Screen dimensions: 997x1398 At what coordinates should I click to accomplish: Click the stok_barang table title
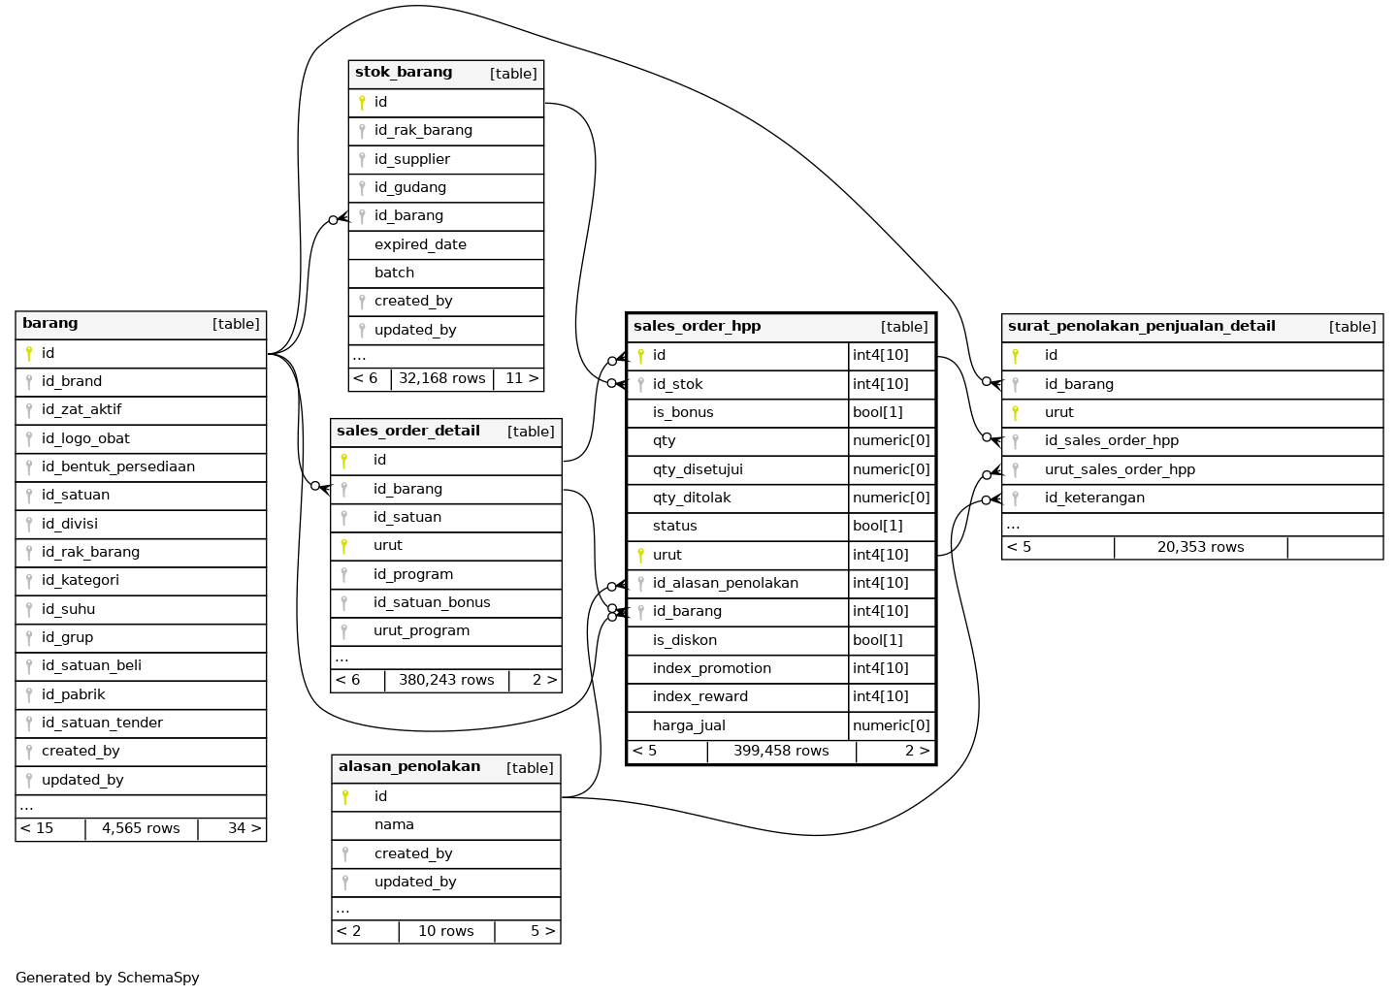tap(404, 73)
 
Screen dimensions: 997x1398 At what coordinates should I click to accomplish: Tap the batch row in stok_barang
tap(394, 273)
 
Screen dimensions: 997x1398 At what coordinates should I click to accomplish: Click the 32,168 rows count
tap(441, 378)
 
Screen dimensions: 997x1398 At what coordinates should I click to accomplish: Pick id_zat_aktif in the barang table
tap(81, 409)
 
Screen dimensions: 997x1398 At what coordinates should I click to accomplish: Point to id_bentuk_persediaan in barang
tap(117, 466)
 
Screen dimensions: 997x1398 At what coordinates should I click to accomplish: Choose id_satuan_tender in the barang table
tap(102, 723)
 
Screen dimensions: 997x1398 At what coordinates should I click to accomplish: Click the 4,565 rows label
tap(141, 828)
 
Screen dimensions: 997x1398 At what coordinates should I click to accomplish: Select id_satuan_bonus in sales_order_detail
tap(432, 602)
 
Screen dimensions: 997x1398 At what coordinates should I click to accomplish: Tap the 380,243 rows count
tap(446, 680)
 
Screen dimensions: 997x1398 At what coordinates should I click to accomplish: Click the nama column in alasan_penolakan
tap(394, 824)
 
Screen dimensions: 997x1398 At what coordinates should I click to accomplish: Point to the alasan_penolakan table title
tap(409, 766)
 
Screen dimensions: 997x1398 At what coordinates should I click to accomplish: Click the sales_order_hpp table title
tap(697, 327)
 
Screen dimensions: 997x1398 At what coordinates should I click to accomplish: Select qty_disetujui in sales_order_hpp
tap(698, 469)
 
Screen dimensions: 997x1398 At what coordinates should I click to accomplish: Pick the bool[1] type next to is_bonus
tap(877, 412)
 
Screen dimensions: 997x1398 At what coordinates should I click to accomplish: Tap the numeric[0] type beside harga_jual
tap(891, 725)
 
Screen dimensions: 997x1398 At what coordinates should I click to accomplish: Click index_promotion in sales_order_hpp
tap(711, 668)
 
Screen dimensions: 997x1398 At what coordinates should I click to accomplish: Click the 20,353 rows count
tap(1200, 547)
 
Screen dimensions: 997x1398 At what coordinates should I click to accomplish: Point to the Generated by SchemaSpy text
tap(108, 978)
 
